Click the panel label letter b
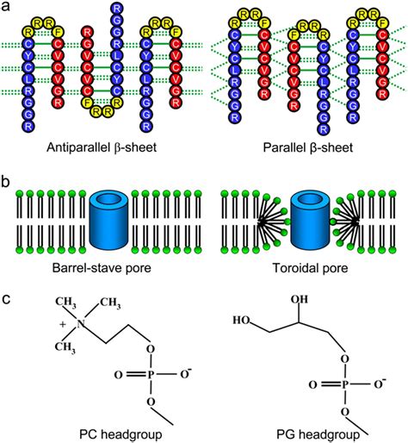pos(6,184)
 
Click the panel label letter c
pos(6,302)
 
